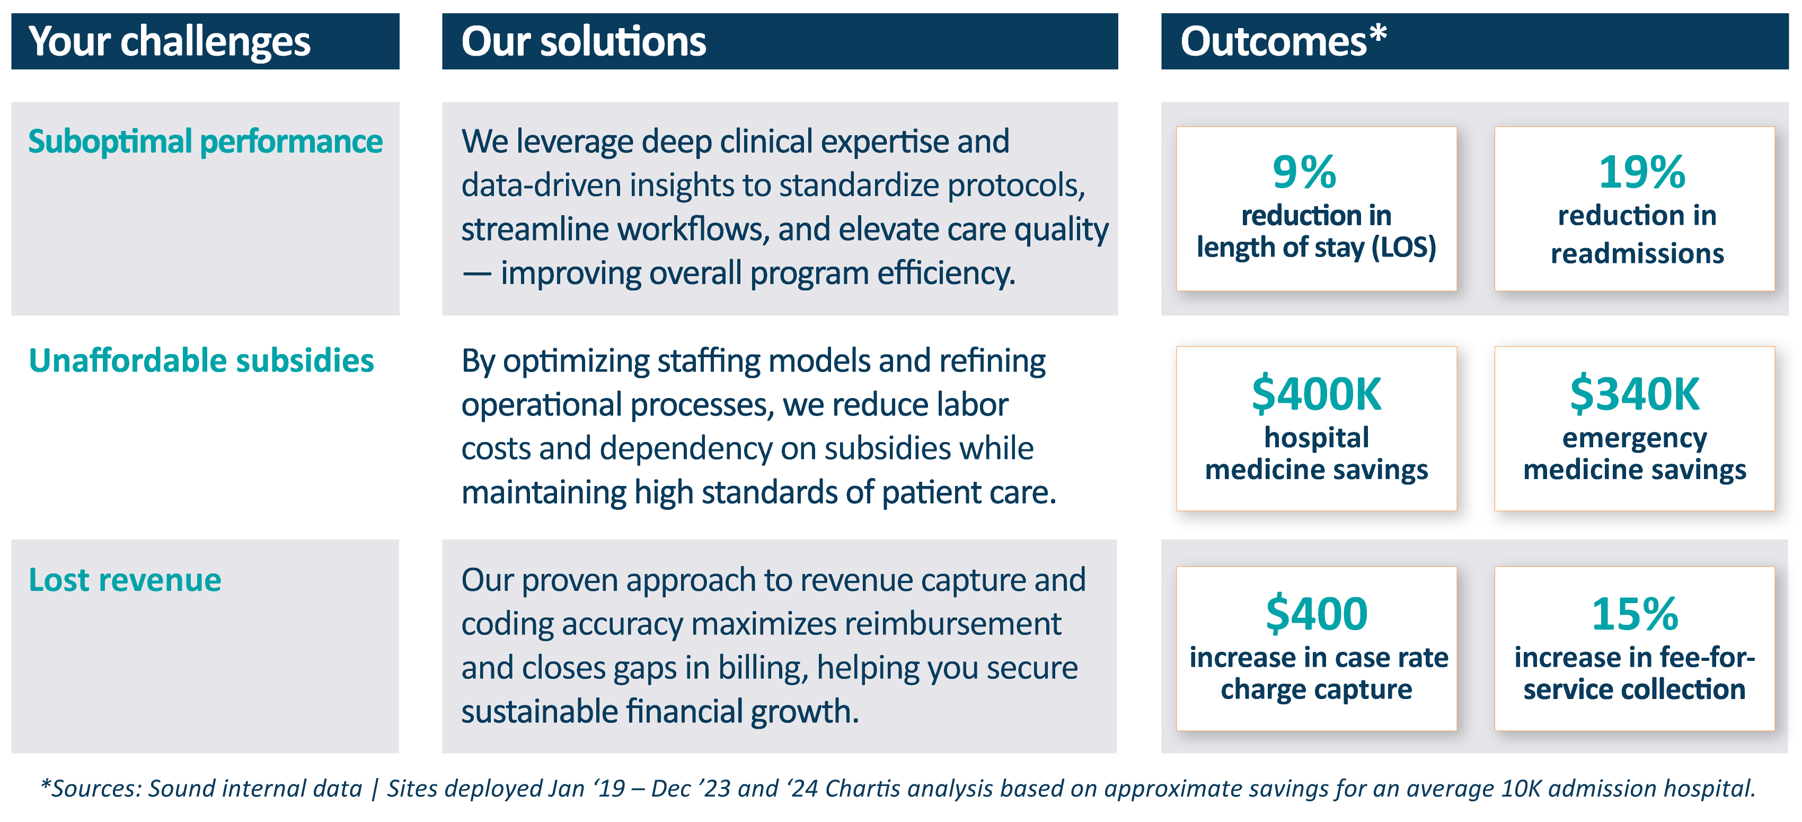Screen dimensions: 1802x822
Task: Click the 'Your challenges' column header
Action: click(x=169, y=42)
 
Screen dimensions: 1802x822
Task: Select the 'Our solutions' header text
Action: click(x=584, y=41)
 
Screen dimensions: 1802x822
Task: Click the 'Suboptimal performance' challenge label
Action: click(x=205, y=142)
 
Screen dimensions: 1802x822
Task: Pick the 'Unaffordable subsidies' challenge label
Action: click(x=201, y=361)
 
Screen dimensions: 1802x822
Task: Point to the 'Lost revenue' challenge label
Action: click(x=125, y=580)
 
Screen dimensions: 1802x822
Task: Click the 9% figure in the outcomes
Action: click(x=1304, y=172)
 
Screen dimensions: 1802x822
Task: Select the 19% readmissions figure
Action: click(x=1642, y=172)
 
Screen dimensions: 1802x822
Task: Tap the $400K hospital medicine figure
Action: click(x=1317, y=393)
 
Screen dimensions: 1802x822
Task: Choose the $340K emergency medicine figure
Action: click(x=1635, y=393)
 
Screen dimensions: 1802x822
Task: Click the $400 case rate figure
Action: click(x=1317, y=614)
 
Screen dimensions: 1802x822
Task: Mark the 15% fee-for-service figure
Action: click(x=1635, y=614)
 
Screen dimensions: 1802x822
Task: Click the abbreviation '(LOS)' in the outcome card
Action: click(x=1403, y=248)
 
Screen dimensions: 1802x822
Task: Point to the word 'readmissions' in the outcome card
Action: click(x=1638, y=253)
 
